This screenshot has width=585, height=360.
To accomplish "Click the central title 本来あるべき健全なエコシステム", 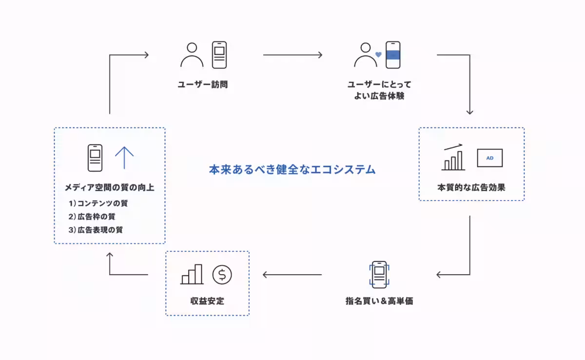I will click(292, 170).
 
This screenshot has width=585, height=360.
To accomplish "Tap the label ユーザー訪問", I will click(203, 85).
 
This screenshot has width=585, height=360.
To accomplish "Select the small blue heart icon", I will click(378, 55).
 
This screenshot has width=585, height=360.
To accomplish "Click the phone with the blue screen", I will click(393, 55).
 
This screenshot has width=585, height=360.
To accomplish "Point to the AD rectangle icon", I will click(489, 158).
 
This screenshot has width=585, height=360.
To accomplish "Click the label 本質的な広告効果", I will click(471, 187).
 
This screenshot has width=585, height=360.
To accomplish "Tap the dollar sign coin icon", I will click(222, 275).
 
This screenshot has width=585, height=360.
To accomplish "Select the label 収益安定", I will click(208, 301).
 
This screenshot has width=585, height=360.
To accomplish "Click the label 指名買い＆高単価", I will click(379, 301).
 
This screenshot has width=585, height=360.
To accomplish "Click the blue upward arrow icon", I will click(124, 158).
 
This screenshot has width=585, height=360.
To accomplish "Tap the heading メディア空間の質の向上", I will click(110, 187).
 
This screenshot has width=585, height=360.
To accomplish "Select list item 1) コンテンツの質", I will click(98, 203).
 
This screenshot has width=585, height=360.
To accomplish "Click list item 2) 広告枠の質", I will click(92, 216).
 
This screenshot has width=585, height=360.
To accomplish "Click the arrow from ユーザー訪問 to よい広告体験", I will click(292, 55).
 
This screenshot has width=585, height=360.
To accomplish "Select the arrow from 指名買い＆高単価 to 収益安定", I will click(292, 275).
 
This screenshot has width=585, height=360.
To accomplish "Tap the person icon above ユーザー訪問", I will click(192, 55).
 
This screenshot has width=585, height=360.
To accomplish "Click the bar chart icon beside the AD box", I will click(453, 159).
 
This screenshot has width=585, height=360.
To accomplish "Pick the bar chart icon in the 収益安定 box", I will click(192, 275).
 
